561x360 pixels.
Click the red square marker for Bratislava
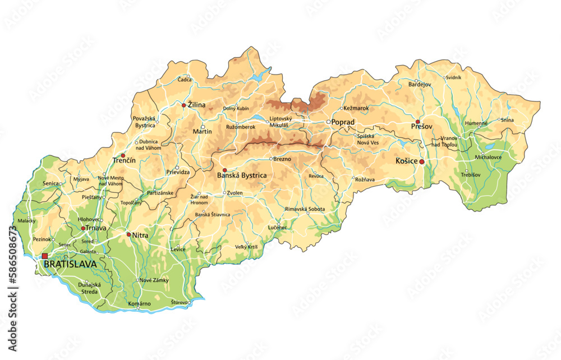click(45, 256)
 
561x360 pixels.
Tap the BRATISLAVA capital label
click(70, 264)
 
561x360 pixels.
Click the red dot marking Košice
click(422, 161)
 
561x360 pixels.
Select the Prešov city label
click(421, 127)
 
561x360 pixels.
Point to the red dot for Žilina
click(183, 105)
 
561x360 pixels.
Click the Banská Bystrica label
click(241, 176)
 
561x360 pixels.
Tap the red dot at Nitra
click(128, 234)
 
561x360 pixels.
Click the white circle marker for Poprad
click(329, 122)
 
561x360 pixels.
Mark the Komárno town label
click(140, 303)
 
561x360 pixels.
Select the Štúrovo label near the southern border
click(180, 302)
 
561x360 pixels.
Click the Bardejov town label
click(420, 84)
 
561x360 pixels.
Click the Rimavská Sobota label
click(305, 209)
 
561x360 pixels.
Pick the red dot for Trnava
click(83, 228)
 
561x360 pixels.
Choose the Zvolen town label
click(235, 193)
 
